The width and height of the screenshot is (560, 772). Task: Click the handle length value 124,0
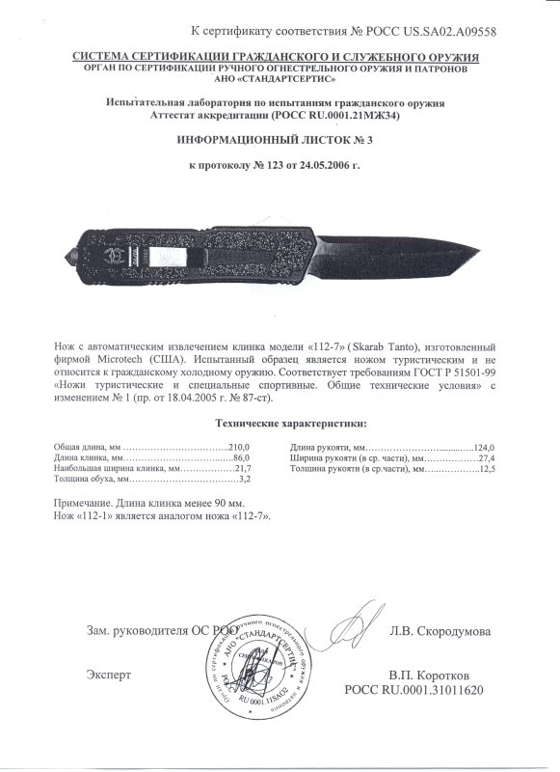pyautogui.click(x=482, y=448)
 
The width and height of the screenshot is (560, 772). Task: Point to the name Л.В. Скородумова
pyautogui.click(x=440, y=631)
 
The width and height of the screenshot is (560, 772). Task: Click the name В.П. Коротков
pyautogui.click(x=429, y=675)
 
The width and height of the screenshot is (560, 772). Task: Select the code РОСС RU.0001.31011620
pyautogui.click(x=417, y=691)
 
